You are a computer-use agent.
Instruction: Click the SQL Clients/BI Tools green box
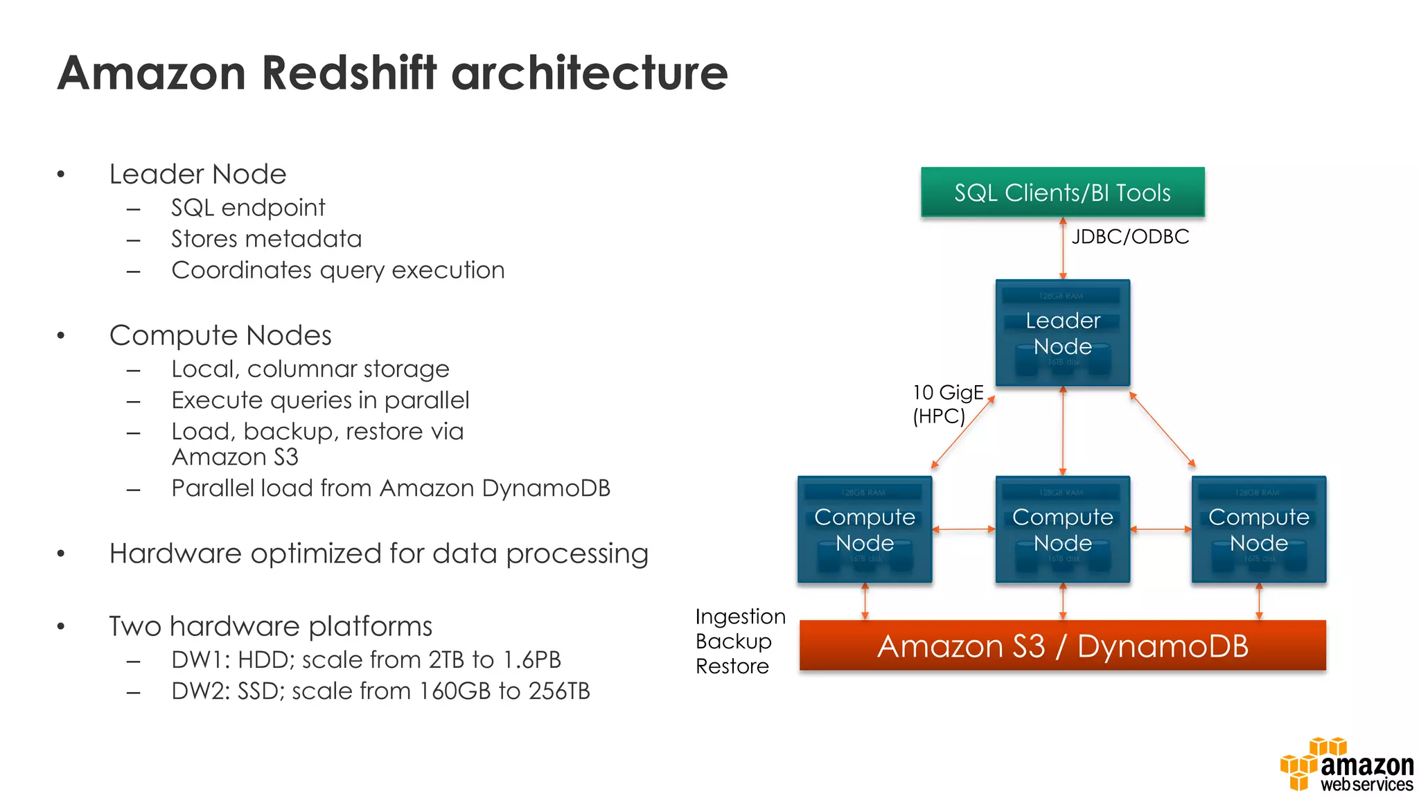[1062, 192]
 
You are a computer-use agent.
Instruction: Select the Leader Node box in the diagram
[1062, 333]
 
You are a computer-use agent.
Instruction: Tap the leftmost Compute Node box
[864, 529]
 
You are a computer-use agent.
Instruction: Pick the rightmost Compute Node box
[1258, 529]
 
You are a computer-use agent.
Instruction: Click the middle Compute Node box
[1062, 529]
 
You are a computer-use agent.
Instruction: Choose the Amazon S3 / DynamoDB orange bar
[1062, 646]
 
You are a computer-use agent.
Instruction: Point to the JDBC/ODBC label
[1129, 237]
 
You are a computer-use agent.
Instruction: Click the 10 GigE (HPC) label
[946, 404]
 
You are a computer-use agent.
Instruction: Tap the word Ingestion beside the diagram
[739, 617]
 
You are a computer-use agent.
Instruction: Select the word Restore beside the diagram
[732, 666]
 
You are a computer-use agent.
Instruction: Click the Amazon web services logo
[1347, 765]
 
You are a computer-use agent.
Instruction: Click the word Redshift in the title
[349, 73]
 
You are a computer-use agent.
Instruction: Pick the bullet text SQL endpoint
[248, 208]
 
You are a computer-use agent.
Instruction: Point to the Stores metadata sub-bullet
[266, 239]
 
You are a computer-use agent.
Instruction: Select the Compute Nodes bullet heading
[220, 335]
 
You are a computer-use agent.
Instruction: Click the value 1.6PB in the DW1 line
[531, 660]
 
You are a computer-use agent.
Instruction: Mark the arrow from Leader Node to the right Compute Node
[1162, 429]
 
